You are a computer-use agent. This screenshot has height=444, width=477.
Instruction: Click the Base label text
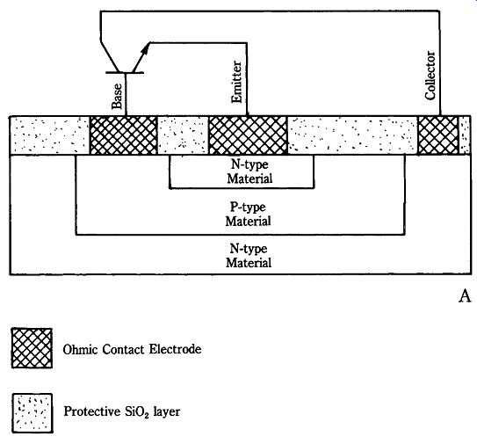click(117, 96)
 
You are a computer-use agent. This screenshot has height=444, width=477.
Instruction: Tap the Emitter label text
click(236, 82)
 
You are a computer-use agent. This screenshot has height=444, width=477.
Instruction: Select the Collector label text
click(430, 76)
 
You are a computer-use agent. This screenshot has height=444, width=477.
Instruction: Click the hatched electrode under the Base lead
click(124, 135)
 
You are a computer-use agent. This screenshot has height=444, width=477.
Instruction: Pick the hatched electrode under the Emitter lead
click(248, 135)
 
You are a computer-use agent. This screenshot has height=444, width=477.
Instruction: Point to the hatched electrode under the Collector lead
click(438, 135)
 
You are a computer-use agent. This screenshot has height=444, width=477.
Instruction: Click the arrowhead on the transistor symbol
click(146, 48)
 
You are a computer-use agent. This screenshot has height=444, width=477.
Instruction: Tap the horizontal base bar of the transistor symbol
click(125, 72)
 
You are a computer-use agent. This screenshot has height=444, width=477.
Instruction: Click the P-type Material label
click(248, 214)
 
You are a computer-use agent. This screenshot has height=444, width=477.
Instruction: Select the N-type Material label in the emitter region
click(249, 171)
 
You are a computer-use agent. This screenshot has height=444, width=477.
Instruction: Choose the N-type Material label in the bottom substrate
click(249, 256)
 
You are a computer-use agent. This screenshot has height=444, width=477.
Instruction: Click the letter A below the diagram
click(465, 296)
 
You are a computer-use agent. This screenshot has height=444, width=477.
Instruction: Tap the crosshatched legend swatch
click(32, 348)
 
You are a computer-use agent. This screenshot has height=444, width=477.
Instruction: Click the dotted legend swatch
click(33, 413)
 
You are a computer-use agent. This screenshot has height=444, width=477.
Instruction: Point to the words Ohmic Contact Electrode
click(132, 349)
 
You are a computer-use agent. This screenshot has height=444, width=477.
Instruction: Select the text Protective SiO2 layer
click(122, 411)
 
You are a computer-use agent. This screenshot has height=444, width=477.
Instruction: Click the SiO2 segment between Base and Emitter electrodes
click(183, 135)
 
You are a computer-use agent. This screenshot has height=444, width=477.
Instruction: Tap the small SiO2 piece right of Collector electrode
click(465, 135)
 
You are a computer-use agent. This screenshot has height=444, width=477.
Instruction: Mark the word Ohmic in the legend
click(80, 349)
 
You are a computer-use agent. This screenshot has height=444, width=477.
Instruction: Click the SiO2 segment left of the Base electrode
click(50, 135)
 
